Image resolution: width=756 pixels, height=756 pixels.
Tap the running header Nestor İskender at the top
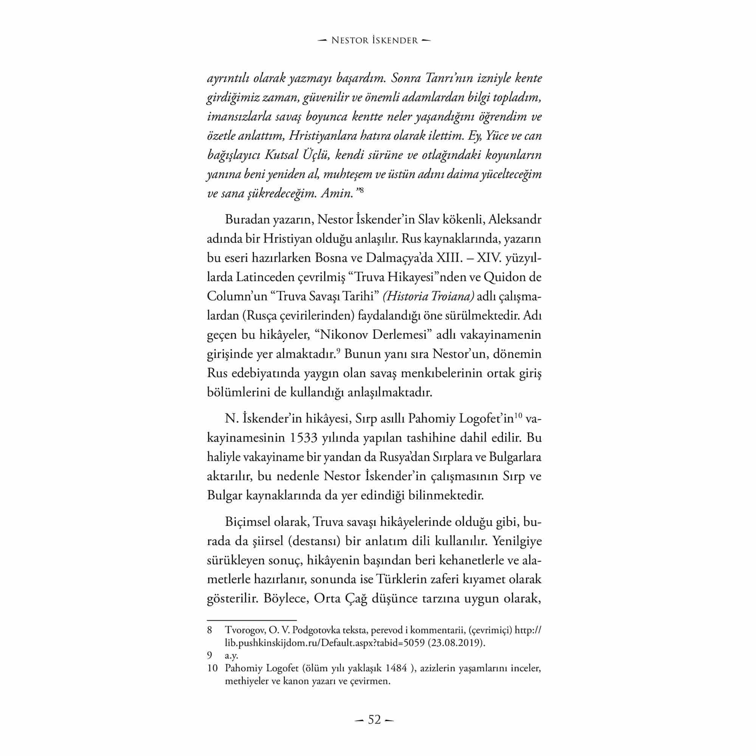[375, 40]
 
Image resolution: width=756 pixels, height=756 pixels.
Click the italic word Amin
[337, 193]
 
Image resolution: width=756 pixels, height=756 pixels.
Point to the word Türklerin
[404, 579]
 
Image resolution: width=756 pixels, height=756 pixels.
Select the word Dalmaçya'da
[400, 258]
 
